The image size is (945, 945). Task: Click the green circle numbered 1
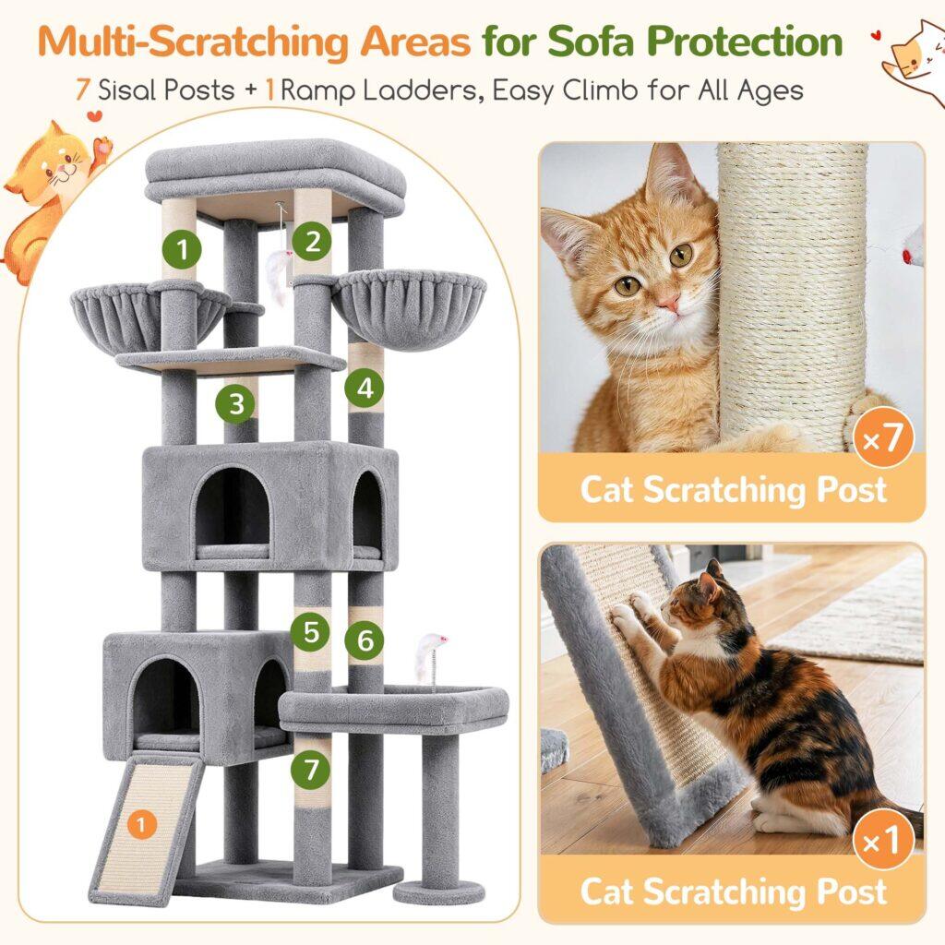182,249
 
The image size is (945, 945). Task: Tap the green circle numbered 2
312,241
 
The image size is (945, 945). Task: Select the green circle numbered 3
236,403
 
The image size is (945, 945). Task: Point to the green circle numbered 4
365,388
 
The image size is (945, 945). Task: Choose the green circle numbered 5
310,631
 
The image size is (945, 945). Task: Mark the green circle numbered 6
365,640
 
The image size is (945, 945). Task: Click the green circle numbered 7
310,769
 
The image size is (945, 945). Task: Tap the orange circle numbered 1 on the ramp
141,824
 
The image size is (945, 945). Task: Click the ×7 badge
883,438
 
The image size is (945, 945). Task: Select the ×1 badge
883,840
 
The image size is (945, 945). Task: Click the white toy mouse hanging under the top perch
279,274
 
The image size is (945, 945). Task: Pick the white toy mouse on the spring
432,647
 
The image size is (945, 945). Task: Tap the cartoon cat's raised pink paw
104,147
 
